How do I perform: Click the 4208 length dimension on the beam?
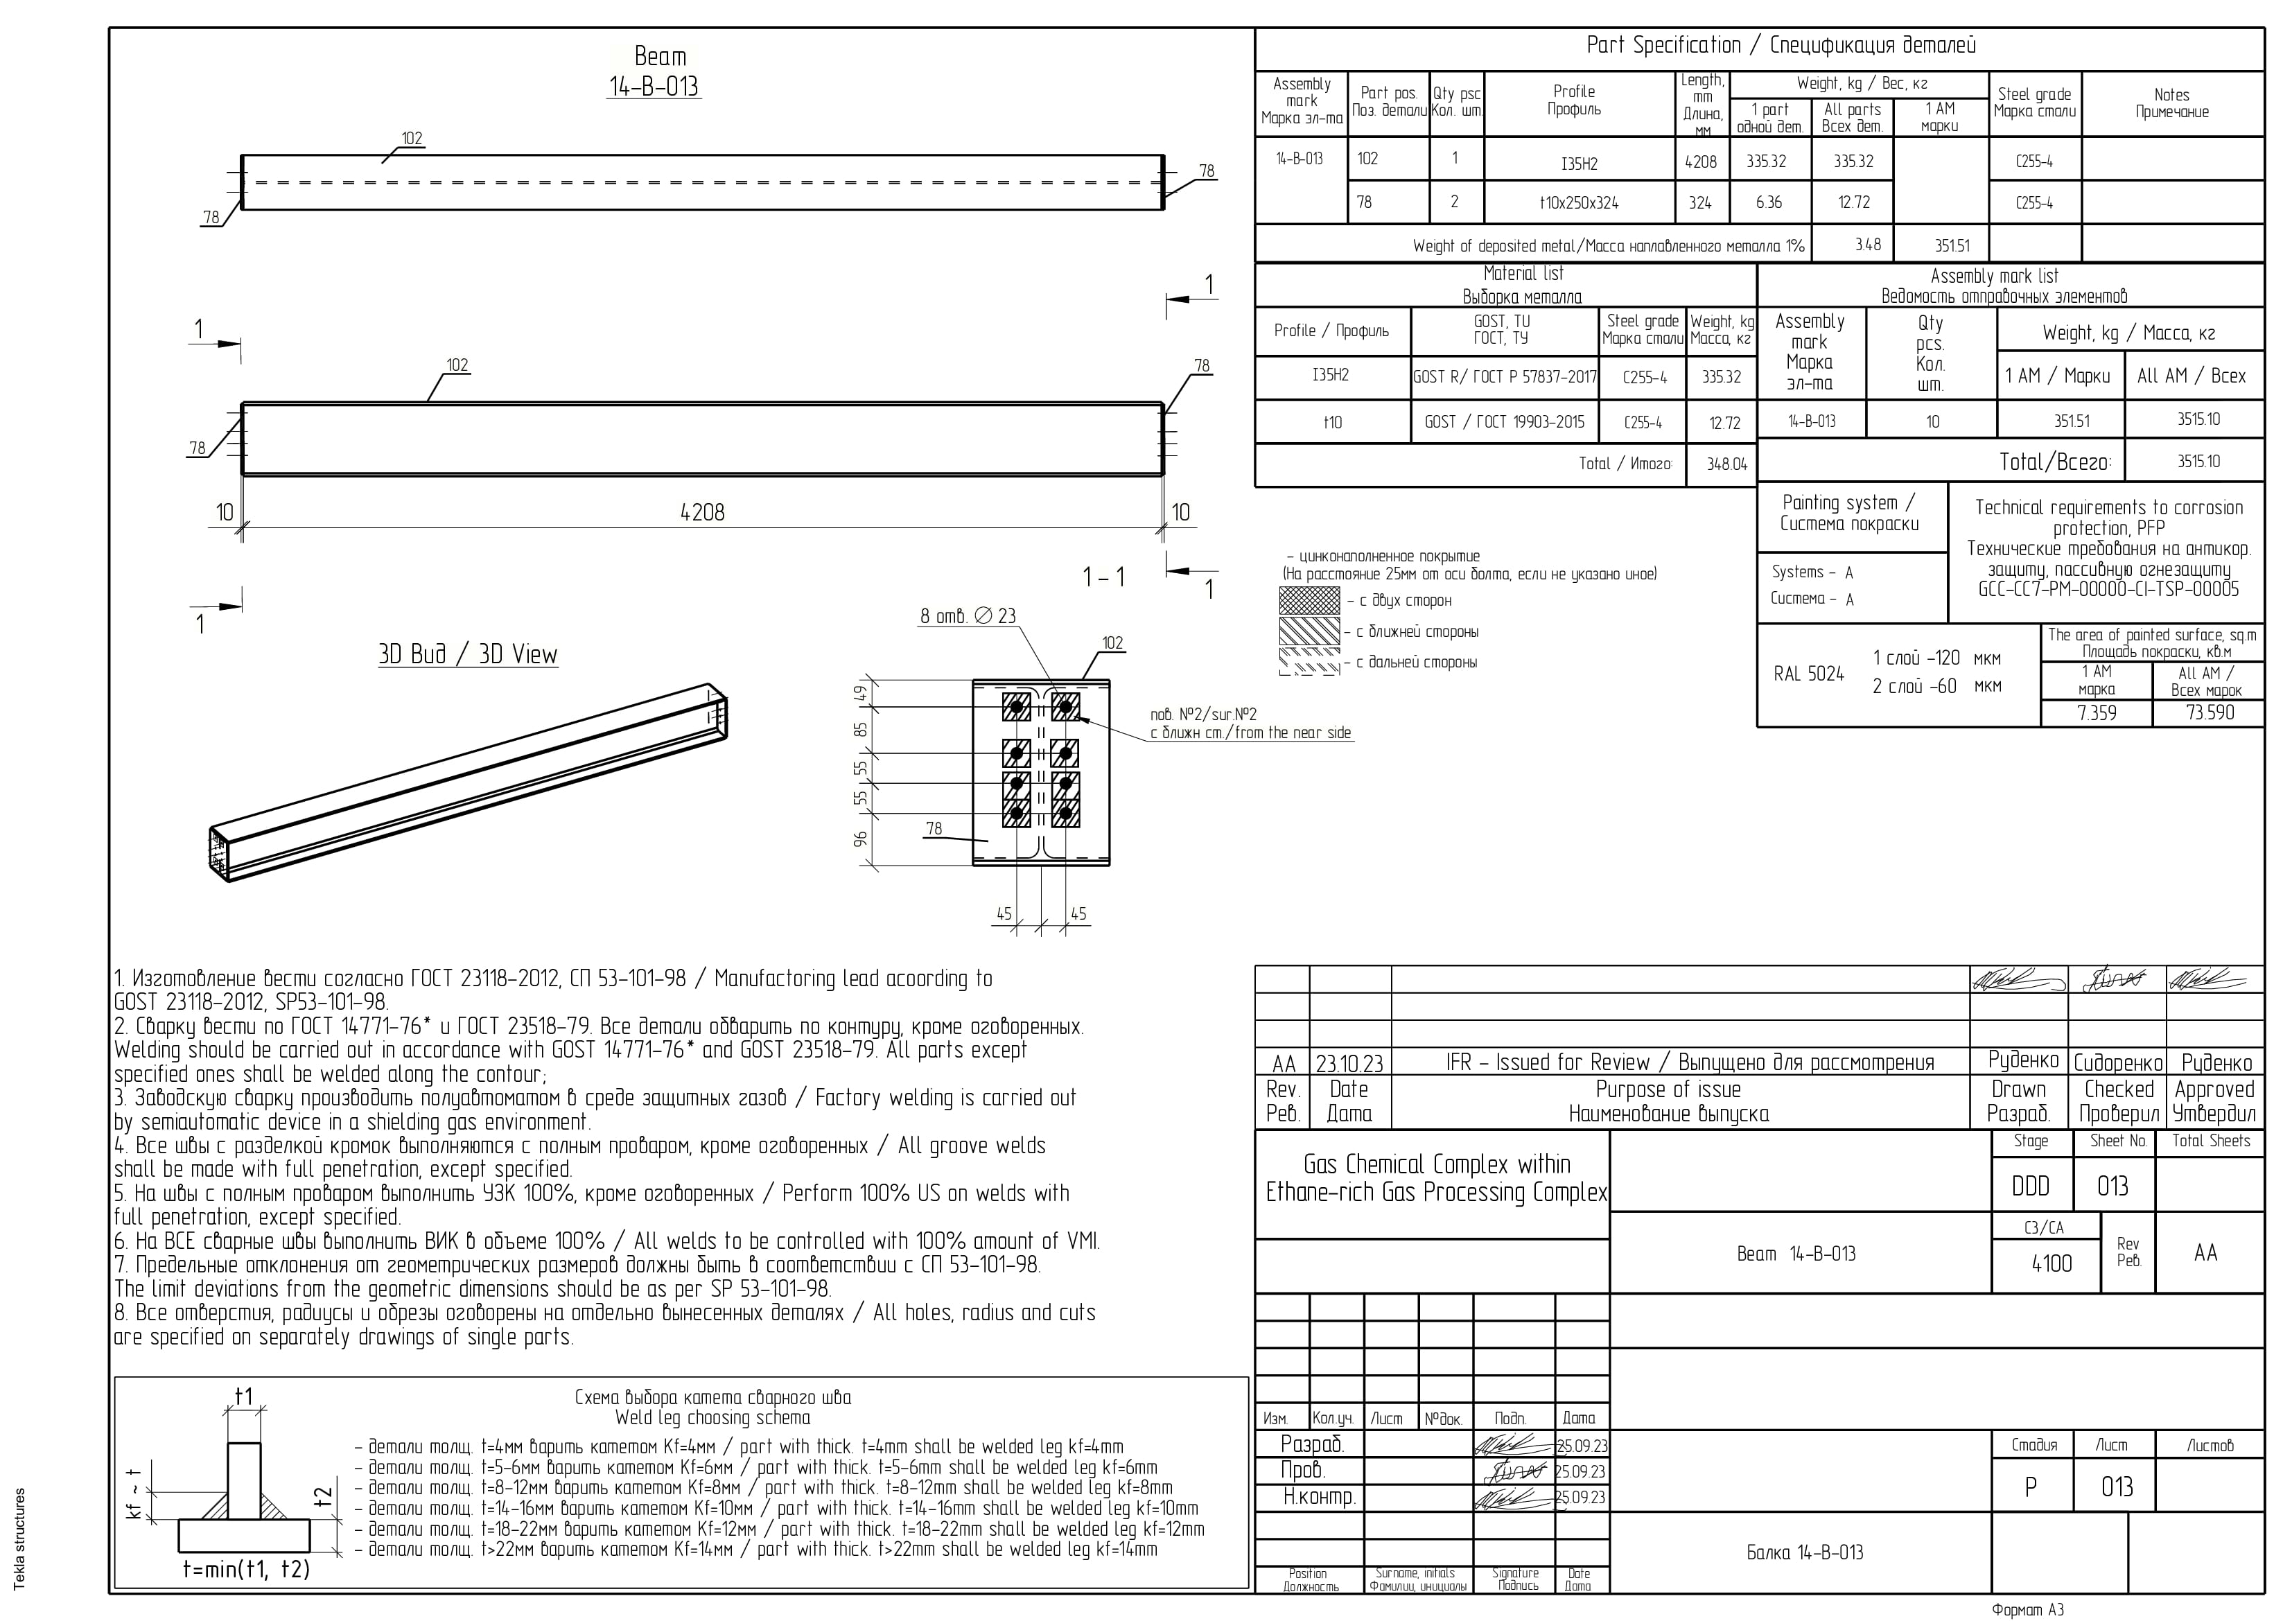pos(702,512)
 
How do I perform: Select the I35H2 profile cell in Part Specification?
pos(1580,163)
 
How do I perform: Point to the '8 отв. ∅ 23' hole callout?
pos(968,616)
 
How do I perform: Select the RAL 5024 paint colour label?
pos(1808,674)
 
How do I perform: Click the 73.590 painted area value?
pos(2209,712)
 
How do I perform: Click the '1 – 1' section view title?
pos(1103,577)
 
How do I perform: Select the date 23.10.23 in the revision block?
pos(1349,1063)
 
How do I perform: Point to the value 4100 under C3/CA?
pos(2052,1263)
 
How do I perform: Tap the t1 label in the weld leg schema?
pos(243,1395)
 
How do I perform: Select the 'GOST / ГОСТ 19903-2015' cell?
pos(1503,422)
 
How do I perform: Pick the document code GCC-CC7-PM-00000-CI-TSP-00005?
pos(2108,589)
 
